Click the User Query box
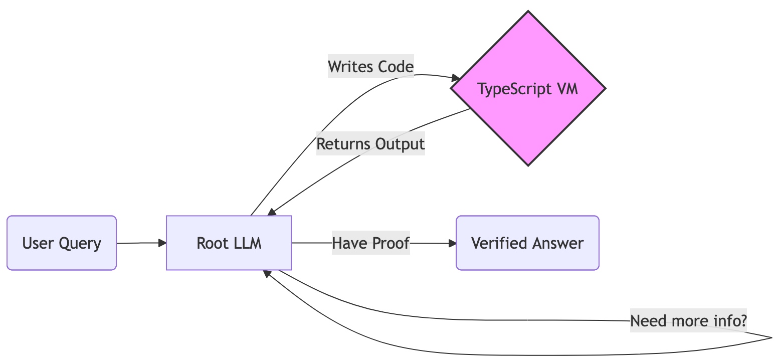(x=62, y=243)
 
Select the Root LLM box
(x=229, y=243)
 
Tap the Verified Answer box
(x=527, y=243)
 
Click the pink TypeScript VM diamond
(x=528, y=89)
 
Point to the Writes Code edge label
(x=370, y=66)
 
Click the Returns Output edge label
(x=370, y=144)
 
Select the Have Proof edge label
(x=370, y=243)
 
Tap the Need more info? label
(x=688, y=321)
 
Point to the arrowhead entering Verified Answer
(x=453, y=243)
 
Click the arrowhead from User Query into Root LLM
(x=162, y=243)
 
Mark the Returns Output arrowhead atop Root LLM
(x=272, y=213)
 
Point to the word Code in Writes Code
(x=396, y=66)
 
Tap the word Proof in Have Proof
(x=392, y=243)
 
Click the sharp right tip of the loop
(x=771, y=338)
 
